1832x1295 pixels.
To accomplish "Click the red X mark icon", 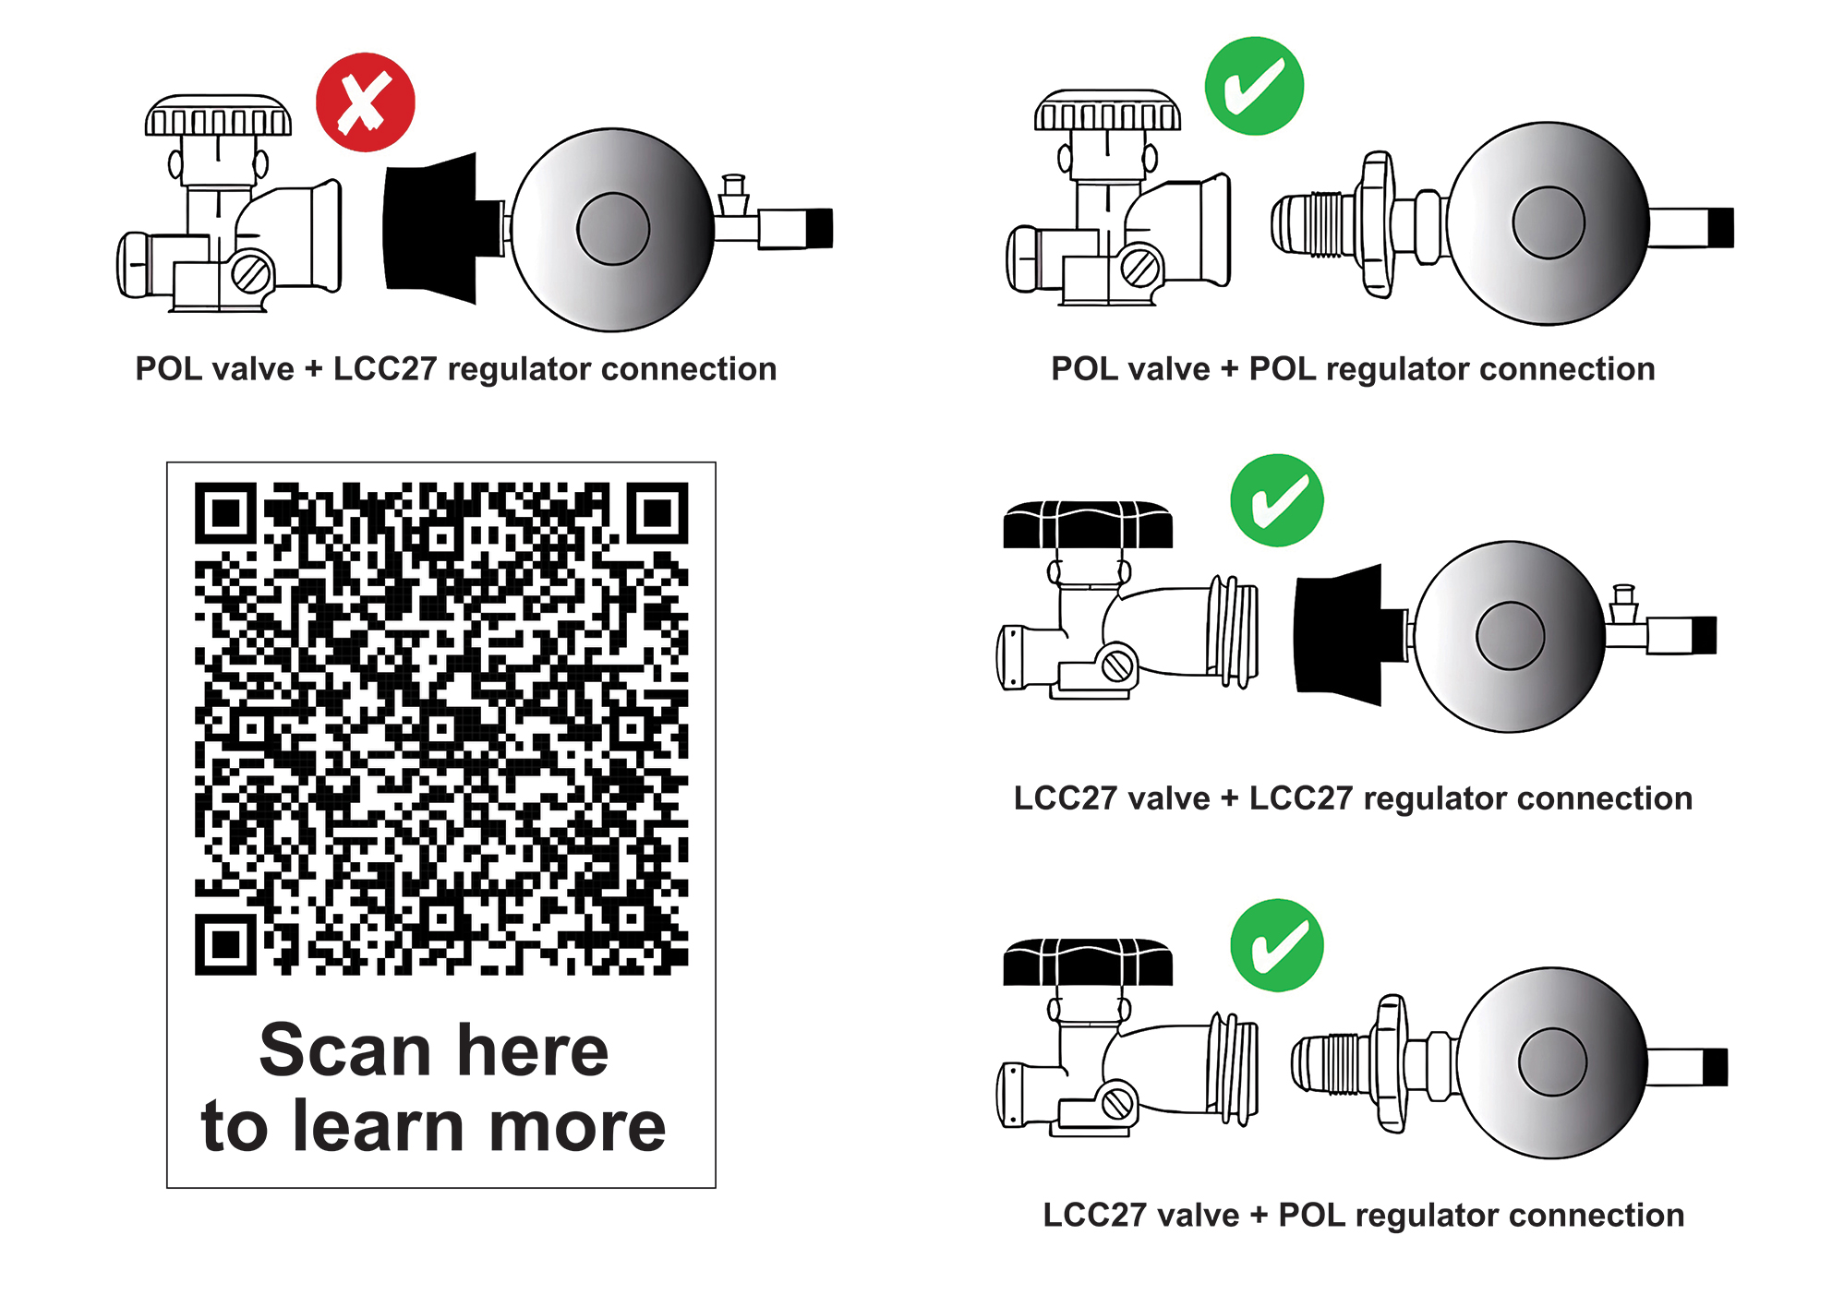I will [x=365, y=102].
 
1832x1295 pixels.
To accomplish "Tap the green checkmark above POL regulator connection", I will [x=1254, y=86].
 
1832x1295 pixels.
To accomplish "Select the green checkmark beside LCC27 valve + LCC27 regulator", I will [x=1277, y=500].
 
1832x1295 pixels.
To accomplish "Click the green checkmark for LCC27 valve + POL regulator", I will [x=1277, y=945].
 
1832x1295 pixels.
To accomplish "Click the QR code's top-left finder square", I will [x=225, y=512].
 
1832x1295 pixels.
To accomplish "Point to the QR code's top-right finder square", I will [x=657, y=512].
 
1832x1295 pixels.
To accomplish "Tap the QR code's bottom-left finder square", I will [x=225, y=944].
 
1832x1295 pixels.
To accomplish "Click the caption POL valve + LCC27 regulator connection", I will [x=455, y=369].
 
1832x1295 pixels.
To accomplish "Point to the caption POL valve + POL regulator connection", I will [x=1353, y=369].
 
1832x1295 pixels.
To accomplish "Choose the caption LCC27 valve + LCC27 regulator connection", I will [x=1353, y=798].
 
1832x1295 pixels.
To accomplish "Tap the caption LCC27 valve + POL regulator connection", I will [x=1363, y=1216].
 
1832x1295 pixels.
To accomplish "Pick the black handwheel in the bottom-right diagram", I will [x=1088, y=964].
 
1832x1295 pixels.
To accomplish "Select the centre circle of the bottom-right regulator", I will [x=1552, y=1062].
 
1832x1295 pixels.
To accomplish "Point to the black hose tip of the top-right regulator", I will [x=1720, y=228].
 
